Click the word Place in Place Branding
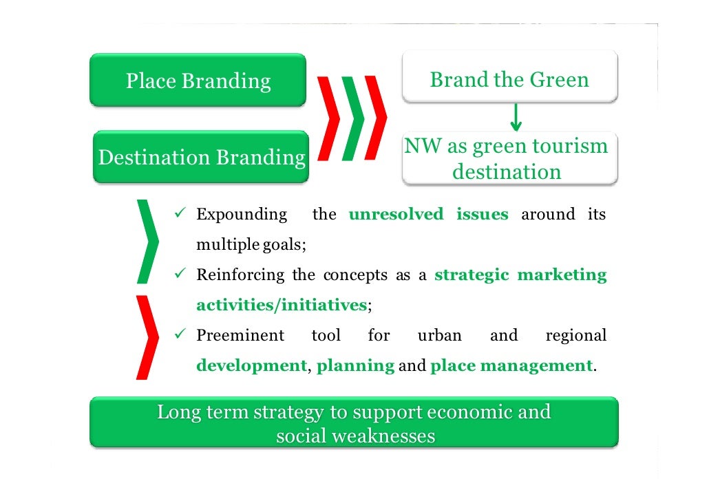[151, 81]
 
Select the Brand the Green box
[509, 79]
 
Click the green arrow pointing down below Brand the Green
[516, 118]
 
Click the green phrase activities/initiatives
[282, 306]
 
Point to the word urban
[440, 336]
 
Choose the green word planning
[355, 365]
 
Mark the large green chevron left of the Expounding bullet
[148, 241]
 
